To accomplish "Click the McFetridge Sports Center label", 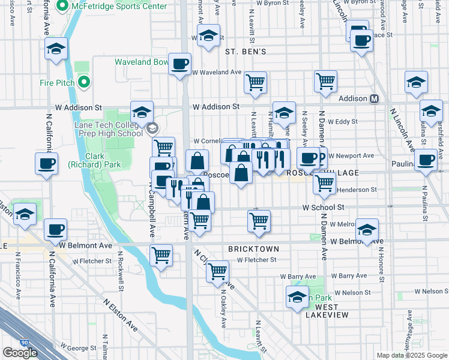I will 119,7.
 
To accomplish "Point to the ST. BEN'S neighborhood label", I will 246,52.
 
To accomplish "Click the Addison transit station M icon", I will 374,98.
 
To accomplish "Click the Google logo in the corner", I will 20,352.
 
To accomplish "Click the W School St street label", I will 322,207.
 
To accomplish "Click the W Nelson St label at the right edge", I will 427,292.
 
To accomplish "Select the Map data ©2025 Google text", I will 412,355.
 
